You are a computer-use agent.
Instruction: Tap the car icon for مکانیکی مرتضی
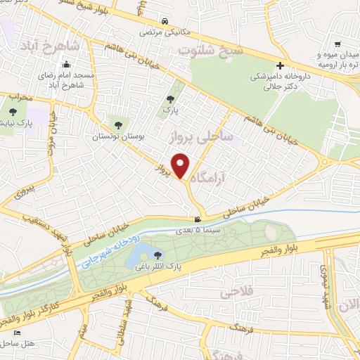(165, 21)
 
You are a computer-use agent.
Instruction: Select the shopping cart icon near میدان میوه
(338, 44)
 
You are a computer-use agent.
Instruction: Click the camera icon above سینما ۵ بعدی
(187, 220)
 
